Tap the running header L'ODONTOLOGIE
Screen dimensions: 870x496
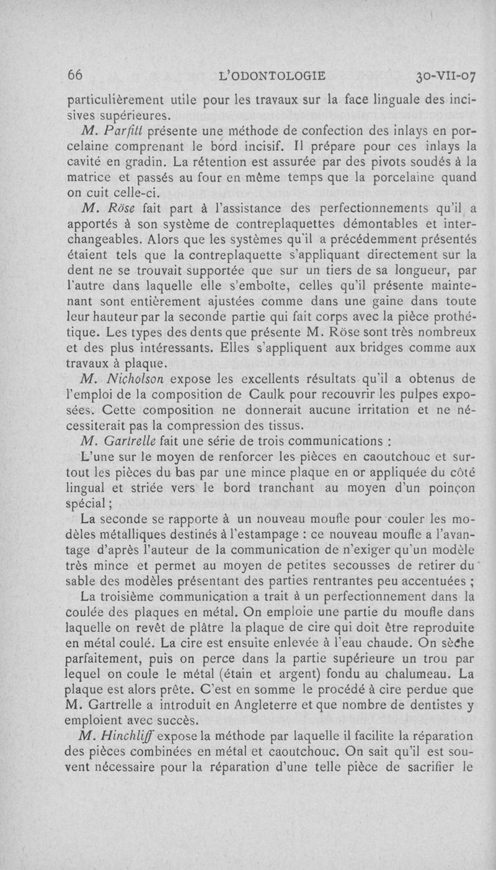point(273,76)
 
